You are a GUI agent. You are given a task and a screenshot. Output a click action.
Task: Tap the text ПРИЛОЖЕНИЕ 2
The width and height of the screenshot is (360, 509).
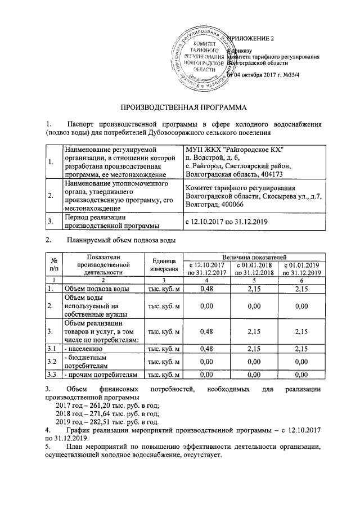pos(248,38)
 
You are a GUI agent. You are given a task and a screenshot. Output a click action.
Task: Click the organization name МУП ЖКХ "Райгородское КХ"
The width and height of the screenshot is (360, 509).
pos(235,149)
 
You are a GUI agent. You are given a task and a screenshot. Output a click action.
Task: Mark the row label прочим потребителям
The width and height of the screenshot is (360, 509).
pos(101,373)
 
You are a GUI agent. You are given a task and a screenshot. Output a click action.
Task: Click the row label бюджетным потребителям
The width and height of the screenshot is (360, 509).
pos(89,361)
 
